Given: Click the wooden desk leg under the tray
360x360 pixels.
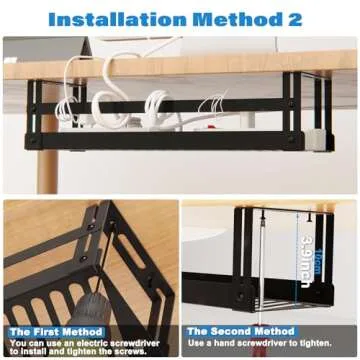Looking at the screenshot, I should pyautogui.click(x=48, y=170).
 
